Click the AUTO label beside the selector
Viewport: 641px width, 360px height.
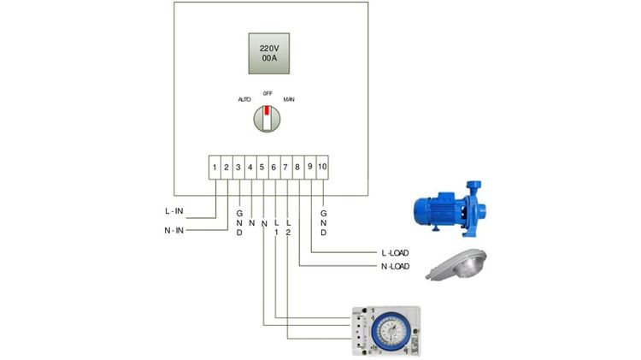244,100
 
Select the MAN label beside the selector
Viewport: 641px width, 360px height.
289,100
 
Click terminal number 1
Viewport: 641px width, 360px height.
215,167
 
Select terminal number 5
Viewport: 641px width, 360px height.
262,167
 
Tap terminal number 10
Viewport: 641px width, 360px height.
322,167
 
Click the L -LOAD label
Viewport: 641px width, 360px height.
395,253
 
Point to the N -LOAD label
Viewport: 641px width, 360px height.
395,267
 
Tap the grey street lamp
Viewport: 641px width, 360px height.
458,266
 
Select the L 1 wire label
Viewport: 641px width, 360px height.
276,227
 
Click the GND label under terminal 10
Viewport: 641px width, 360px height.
323,221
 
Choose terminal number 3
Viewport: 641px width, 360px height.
238,167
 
